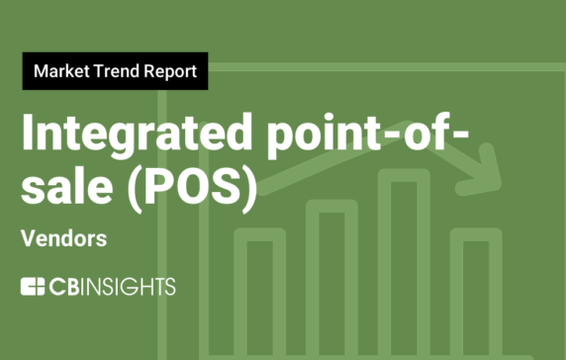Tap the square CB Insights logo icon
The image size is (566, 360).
coord(33,287)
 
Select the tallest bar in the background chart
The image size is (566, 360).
coord(409,267)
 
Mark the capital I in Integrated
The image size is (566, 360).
coord(28,135)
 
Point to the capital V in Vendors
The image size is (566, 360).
coord(27,239)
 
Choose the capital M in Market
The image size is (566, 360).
coord(40,72)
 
